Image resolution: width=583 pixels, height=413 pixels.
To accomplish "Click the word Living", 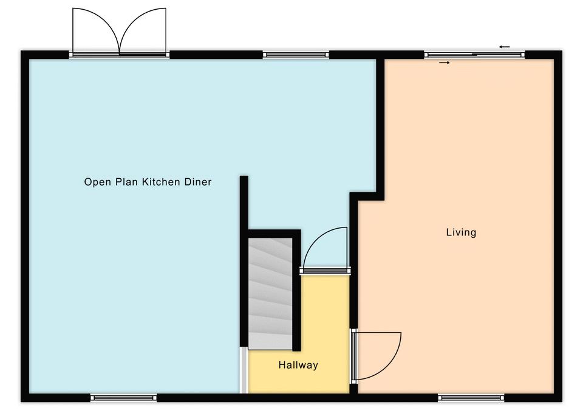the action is pos(461,232).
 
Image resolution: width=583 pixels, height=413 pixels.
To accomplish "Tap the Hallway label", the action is pos(298,365).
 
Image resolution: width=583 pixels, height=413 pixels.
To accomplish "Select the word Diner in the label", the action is pos(198,182).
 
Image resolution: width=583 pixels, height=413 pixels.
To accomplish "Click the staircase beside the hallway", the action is pos(270,294).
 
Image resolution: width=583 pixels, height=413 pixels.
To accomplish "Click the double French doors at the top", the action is pos(120,32).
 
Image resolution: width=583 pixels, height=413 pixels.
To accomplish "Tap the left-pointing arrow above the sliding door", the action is pos(505,47).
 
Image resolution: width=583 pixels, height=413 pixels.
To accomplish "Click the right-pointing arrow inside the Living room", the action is pos(445,63).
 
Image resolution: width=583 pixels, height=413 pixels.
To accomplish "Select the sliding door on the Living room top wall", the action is pos(474,55).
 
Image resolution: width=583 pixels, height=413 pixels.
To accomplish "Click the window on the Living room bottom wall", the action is pos(471,398).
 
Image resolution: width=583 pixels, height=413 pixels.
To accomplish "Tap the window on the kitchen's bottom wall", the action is pos(124,398).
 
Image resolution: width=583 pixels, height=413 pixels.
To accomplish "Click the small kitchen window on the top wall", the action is pos(296,55).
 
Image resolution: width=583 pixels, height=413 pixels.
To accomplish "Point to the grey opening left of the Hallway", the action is pos(244,370).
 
